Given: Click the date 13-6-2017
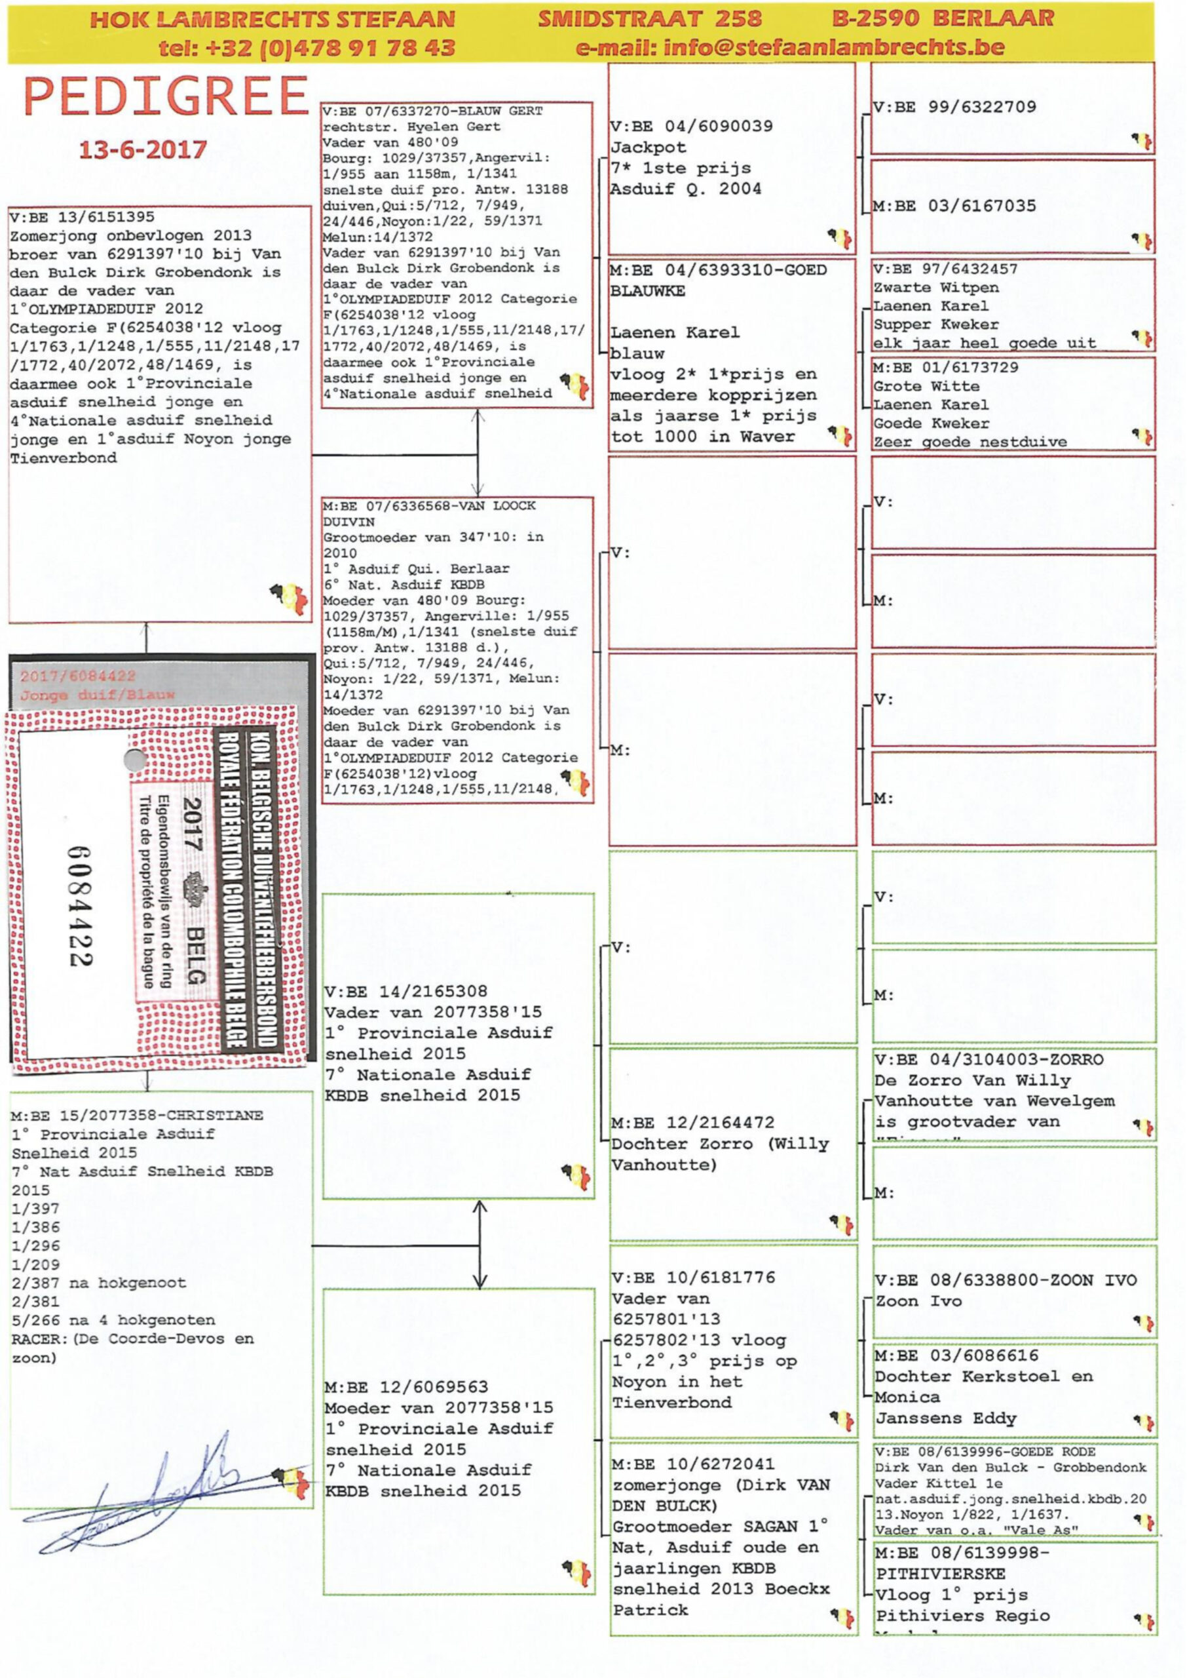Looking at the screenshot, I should click(143, 150).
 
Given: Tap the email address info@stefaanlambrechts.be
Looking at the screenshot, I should click(789, 49).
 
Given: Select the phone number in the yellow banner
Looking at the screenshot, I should click(307, 49).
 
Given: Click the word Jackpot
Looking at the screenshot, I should click(649, 147).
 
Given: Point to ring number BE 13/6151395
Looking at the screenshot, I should click(90, 217).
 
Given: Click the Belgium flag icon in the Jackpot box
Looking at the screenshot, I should click(840, 238).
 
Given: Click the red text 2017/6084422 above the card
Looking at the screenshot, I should click(77, 676).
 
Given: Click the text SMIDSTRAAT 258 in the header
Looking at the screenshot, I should click(649, 18).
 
